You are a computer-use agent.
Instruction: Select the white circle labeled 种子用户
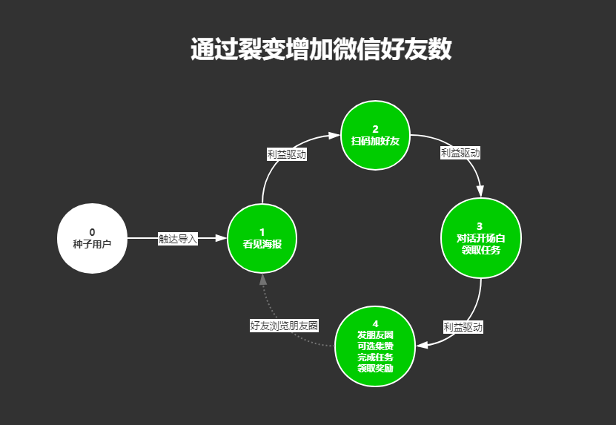[x=92, y=238]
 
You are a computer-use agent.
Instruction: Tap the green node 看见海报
[x=262, y=238]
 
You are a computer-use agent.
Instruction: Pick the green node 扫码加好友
[x=375, y=135]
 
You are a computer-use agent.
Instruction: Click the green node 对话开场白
[x=480, y=237]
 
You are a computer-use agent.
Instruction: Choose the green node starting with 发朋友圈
[x=375, y=346]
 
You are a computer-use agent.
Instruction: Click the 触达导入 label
[x=178, y=239]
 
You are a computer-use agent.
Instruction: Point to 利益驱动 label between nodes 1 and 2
[x=287, y=154]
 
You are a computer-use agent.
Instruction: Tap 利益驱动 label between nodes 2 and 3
[x=460, y=153]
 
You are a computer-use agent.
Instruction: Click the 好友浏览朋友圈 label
[x=284, y=325]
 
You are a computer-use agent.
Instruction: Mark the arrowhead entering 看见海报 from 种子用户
[x=220, y=238]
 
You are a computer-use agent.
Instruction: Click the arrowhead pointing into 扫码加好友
[x=334, y=136]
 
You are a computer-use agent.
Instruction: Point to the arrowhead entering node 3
[x=480, y=191]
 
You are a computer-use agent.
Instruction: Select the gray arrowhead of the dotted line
[x=262, y=280]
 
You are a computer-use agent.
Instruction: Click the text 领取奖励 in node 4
[x=375, y=368]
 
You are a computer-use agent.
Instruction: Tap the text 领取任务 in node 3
[x=480, y=250]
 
